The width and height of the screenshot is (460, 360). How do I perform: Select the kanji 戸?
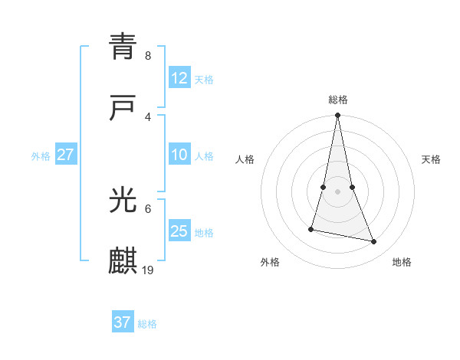[x=123, y=109]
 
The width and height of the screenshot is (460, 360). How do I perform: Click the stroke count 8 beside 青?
[x=147, y=56]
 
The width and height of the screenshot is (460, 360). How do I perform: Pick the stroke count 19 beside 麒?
[x=149, y=270]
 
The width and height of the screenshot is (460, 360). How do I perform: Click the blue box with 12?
[x=179, y=78]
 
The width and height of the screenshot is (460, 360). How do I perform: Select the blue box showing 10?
[x=179, y=155]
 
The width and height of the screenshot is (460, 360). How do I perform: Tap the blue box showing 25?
[x=179, y=231]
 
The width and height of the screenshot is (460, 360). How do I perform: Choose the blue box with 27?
[x=66, y=155]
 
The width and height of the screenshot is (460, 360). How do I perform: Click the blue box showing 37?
[x=123, y=322]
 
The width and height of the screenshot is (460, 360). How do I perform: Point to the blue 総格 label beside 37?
[x=147, y=324]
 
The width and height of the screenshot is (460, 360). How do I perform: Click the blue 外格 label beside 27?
[x=41, y=156]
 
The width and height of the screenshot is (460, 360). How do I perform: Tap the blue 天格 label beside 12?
[x=204, y=80]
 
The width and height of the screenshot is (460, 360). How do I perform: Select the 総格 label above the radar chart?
[x=338, y=100]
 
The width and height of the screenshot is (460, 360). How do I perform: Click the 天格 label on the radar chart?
[x=431, y=159]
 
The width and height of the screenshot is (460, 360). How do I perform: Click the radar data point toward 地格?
[x=374, y=242]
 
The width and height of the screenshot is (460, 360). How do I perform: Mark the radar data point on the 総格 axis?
[x=338, y=116]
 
